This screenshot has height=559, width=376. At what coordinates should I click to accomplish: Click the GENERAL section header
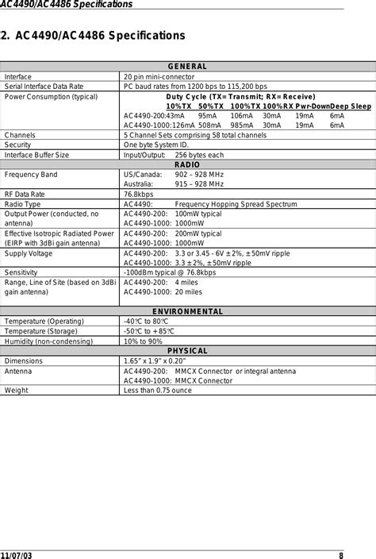(187, 67)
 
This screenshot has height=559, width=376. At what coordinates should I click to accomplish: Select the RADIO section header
(187, 164)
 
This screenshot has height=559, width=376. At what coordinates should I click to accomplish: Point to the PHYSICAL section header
(187, 350)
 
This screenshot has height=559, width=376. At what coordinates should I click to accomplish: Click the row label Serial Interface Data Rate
(44, 87)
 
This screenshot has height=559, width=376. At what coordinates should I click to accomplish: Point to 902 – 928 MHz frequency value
(200, 174)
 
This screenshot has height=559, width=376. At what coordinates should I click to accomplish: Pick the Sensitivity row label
(24, 272)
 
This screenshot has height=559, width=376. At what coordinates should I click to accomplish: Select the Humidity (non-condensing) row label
(51, 341)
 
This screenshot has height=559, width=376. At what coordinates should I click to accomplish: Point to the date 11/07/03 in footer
(16, 553)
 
